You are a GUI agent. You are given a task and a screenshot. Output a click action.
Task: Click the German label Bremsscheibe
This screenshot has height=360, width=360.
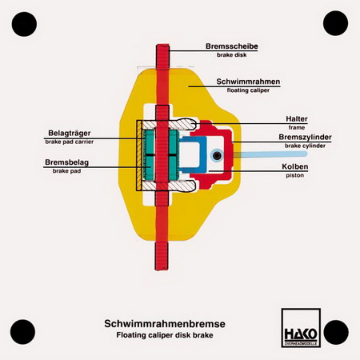point(231,46)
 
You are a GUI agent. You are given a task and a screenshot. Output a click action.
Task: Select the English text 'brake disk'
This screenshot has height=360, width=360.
point(231,55)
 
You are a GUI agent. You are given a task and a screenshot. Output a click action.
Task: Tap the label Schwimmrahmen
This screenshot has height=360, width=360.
point(248,82)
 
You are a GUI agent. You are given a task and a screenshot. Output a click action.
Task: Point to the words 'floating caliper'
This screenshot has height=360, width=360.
point(248,90)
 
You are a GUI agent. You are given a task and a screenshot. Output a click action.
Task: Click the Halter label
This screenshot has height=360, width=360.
point(297,118)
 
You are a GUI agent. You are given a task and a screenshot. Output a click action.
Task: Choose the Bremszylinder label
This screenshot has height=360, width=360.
point(305,137)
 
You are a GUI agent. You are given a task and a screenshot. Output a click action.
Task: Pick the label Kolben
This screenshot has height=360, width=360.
point(295,166)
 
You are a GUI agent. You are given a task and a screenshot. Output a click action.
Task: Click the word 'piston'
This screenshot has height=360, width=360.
point(295,175)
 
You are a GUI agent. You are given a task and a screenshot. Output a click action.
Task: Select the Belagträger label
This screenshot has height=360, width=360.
point(70,133)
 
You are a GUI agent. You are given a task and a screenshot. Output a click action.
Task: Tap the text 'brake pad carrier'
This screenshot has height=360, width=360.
point(70,142)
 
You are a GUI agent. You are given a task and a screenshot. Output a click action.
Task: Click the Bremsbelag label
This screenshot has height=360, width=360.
point(66,162)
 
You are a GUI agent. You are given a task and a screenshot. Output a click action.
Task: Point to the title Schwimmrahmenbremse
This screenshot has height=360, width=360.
point(165,324)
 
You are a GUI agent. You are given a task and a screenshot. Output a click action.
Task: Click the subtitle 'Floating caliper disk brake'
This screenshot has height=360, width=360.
point(165,335)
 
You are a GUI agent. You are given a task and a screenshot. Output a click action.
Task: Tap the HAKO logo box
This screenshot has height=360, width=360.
point(301,328)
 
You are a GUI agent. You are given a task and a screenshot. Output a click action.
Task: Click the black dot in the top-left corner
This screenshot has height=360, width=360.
point(24,24)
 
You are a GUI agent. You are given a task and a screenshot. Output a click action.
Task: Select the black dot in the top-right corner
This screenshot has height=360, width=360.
point(335,23)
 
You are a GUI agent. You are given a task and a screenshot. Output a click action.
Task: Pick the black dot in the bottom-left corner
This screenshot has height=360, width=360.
point(22,332)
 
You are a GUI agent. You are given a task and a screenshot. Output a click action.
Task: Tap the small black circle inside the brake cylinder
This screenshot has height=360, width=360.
point(218,155)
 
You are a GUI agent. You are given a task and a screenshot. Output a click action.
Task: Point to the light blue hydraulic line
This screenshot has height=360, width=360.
point(270,154)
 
